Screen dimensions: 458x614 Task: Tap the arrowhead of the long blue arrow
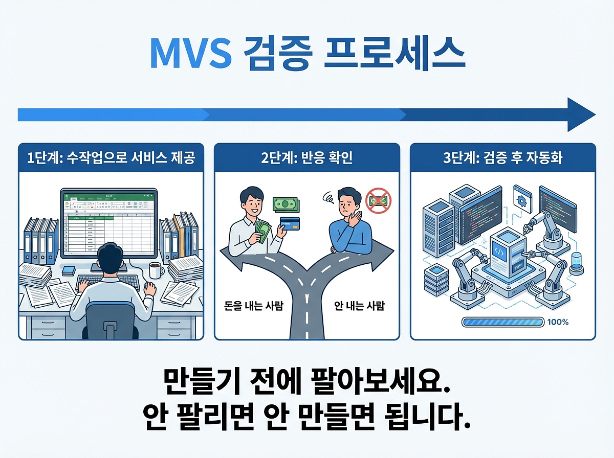tap(580, 115)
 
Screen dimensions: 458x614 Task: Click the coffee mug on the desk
tap(156, 269)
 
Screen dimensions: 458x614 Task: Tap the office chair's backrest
tap(110, 320)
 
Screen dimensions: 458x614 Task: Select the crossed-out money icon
tap(378, 200)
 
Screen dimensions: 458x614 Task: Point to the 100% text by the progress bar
tap(558, 323)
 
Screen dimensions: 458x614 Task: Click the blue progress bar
tap(502, 323)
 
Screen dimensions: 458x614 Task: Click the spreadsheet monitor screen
tap(109, 223)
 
